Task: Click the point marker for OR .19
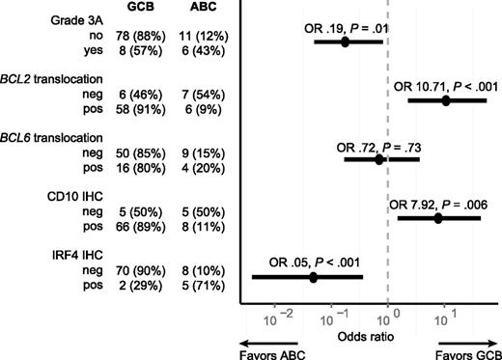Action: point(345,42)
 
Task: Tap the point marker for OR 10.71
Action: point(446,100)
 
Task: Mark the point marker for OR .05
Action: point(314,277)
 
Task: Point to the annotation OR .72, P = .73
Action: point(377,146)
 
